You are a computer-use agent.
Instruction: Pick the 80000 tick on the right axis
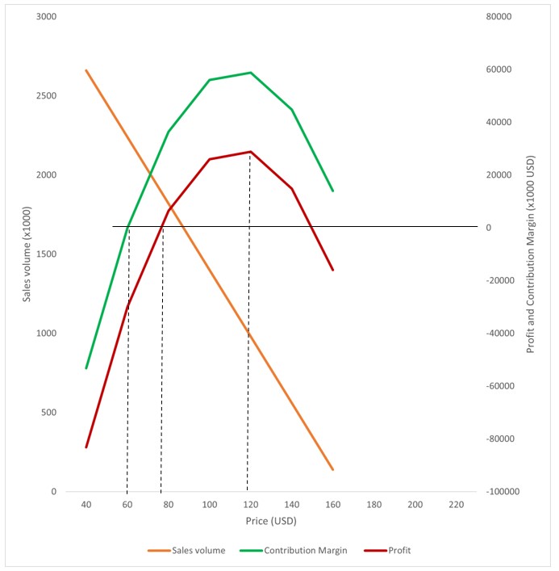pos(499,16)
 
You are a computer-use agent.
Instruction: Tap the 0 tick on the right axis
pos(489,228)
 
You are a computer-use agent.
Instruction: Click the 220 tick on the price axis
pos(456,505)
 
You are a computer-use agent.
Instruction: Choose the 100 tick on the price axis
pos(209,505)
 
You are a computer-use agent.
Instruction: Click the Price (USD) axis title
pos(270,521)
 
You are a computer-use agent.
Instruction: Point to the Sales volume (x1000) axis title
pos(27,254)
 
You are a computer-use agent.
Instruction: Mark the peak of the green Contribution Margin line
pos(250,73)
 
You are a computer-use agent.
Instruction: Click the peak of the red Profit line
pos(250,152)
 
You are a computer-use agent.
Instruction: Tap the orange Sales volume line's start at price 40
pos(86,70)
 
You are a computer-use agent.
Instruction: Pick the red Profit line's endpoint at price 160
pos(332,270)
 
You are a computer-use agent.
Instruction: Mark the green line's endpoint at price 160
pos(332,191)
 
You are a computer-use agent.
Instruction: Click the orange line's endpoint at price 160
pos(332,469)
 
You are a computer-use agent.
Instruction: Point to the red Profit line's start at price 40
pos(86,447)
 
